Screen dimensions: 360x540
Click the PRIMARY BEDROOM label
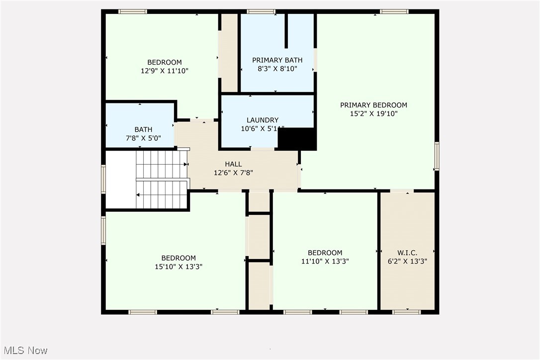[373, 105]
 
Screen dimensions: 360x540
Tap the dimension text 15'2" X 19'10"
[373, 113]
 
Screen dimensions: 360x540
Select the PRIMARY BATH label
[277, 60]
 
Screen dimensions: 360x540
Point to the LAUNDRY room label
[263, 120]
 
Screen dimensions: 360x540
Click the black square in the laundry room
[297, 139]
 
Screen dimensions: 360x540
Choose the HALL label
[233, 164]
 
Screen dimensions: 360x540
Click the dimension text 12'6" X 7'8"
[233, 173]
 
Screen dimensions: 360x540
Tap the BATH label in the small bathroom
[143, 129]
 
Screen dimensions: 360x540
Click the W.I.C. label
[407, 253]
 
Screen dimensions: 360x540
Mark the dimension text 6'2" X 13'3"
[407, 261]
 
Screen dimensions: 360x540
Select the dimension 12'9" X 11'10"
[164, 71]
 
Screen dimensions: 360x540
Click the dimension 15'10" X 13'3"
[179, 267]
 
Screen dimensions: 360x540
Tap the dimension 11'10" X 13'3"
[325, 261]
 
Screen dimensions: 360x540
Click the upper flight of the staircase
[161, 164]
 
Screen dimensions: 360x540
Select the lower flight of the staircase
[161, 195]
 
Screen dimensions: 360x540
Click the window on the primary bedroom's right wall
[437, 156]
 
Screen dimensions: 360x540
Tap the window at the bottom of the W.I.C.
[406, 312]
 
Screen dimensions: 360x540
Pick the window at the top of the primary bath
[261, 11]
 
